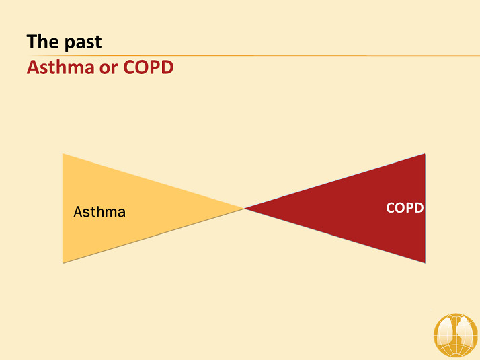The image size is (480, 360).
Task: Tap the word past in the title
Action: coord(83,43)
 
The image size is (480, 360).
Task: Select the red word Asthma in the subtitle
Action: coord(61,67)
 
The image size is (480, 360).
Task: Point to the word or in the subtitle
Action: coord(108,69)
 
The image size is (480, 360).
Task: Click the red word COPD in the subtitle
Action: coord(149,67)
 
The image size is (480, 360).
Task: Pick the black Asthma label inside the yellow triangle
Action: coord(99,212)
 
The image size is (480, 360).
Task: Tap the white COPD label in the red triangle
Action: coord(405,208)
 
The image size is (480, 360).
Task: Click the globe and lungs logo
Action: coord(456,335)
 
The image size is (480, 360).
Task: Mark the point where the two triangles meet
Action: coord(244,209)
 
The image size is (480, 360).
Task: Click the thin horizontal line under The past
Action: coord(253,55)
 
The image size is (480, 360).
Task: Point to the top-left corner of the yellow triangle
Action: coord(63,154)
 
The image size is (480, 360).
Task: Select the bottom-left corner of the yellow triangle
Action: coord(63,263)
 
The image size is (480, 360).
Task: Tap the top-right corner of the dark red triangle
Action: coord(425,154)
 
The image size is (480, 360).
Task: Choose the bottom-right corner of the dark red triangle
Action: coord(425,263)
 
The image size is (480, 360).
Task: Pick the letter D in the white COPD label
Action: coord(419,208)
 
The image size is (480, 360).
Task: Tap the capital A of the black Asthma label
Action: coord(79,212)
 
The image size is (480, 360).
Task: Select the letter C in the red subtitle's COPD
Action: coord(129,67)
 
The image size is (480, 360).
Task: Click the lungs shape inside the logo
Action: coord(455,332)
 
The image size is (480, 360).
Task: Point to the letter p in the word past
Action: coord(70,44)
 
